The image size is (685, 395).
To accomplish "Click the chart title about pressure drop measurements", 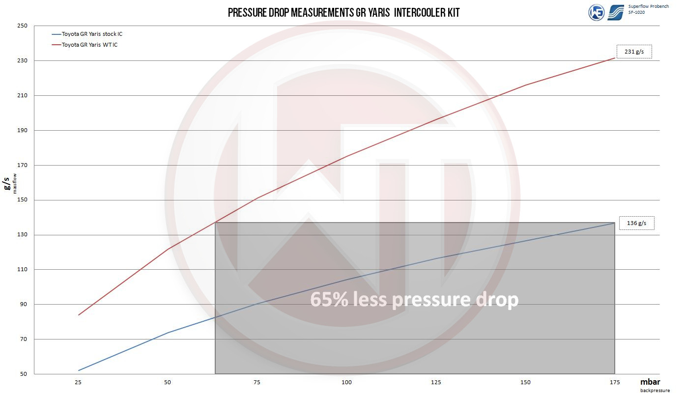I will (x=343, y=13).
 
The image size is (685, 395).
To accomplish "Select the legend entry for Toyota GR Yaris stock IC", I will (x=91, y=34).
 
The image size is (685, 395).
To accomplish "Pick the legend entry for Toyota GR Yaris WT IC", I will (x=89, y=45).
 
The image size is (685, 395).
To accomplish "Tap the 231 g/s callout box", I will (x=634, y=52).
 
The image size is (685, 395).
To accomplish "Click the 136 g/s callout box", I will (x=636, y=223).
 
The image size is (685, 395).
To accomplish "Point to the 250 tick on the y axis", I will (x=23, y=26).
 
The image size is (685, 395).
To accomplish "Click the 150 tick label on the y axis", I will (x=23, y=200).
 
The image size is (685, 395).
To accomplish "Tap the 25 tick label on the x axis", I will (x=78, y=383).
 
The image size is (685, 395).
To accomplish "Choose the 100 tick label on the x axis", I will (x=346, y=383).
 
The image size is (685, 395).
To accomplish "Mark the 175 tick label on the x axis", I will (x=614, y=383).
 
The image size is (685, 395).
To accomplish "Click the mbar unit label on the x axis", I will (x=650, y=382).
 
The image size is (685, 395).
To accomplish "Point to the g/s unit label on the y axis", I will (x=7, y=184).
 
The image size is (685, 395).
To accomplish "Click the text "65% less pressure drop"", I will (x=414, y=299).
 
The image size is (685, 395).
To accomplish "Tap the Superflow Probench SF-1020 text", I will (x=648, y=9).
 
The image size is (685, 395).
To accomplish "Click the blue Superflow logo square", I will (x=616, y=13).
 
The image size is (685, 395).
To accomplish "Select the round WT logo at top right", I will (x=597, y=13).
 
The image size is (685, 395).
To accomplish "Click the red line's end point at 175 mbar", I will (x=614, y=58).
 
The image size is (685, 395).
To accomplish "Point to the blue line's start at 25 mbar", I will (x=79, y=370).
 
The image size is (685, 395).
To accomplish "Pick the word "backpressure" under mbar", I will (x=656, y=391).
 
